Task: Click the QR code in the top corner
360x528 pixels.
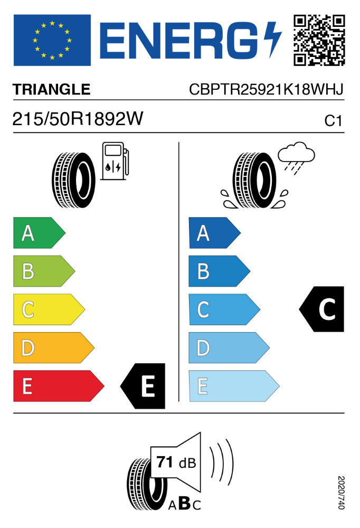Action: [x=319, y=40]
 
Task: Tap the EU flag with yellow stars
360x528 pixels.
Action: [x=52, y=40]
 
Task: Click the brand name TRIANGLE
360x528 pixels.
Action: [x=52, y=90]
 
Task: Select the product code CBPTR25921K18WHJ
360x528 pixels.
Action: [x=266, y=90]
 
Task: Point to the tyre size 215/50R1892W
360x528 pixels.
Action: [x=78, y=120]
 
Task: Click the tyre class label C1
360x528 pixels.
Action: [x=334, y=121]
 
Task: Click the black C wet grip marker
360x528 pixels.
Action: [x=323, y=309]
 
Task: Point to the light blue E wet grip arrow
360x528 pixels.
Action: [x=232, y=386]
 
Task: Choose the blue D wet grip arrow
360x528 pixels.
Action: [x=228, y=348]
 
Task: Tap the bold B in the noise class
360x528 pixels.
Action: [x=184, y=504]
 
